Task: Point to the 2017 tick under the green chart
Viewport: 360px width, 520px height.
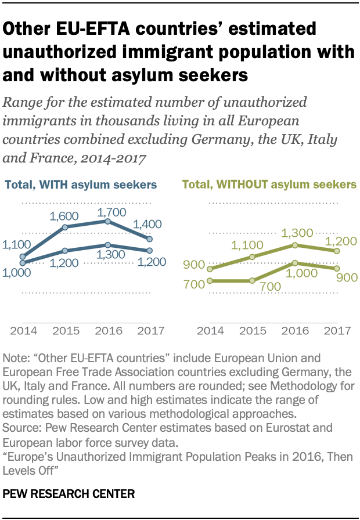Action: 337,331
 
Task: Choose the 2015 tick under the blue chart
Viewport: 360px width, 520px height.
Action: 64,331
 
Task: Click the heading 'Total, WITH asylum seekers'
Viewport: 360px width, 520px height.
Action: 81,185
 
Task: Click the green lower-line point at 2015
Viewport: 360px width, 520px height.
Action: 252,281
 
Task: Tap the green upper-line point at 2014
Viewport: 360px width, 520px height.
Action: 208,269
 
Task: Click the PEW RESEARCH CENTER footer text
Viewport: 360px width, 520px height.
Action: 69,494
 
